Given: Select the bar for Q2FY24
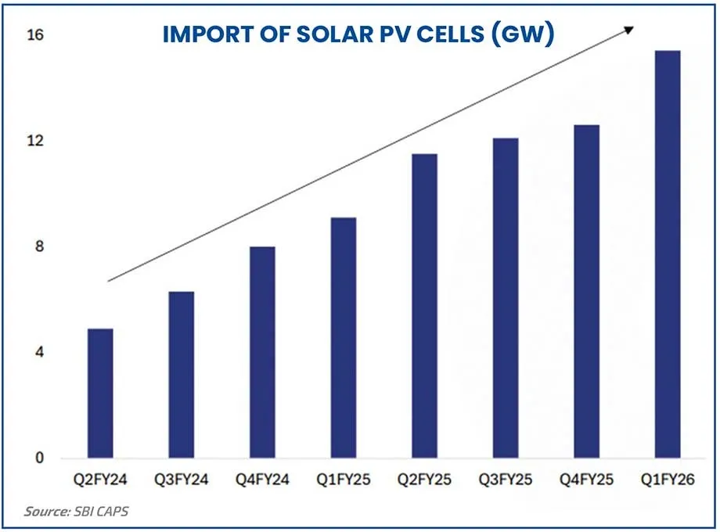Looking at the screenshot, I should click(x=100, y=393).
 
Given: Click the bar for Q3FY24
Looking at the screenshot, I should click(x=181, y=375).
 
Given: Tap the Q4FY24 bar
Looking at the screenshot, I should click(x=262, y=352).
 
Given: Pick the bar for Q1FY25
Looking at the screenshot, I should click(x=343, y=337).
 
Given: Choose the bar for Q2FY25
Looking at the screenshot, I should click(x=424, y=306).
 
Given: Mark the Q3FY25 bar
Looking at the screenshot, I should click(x=506, y=298).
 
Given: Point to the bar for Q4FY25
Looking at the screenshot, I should click(x=586, y=291).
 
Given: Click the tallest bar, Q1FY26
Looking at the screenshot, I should click(x=668, y=254).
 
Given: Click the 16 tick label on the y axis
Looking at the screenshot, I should click(x=37, y=36).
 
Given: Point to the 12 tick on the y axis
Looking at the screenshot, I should click(x=37, y=142).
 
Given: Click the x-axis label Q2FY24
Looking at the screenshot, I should click(x=100, y=480).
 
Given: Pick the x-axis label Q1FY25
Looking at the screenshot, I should click(x=343, y=480).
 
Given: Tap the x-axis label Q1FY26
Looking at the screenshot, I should click(x=668, y=480).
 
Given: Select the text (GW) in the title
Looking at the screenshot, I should click(x=526, y=35).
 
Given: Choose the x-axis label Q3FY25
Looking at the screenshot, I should click(x=506, y=480).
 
